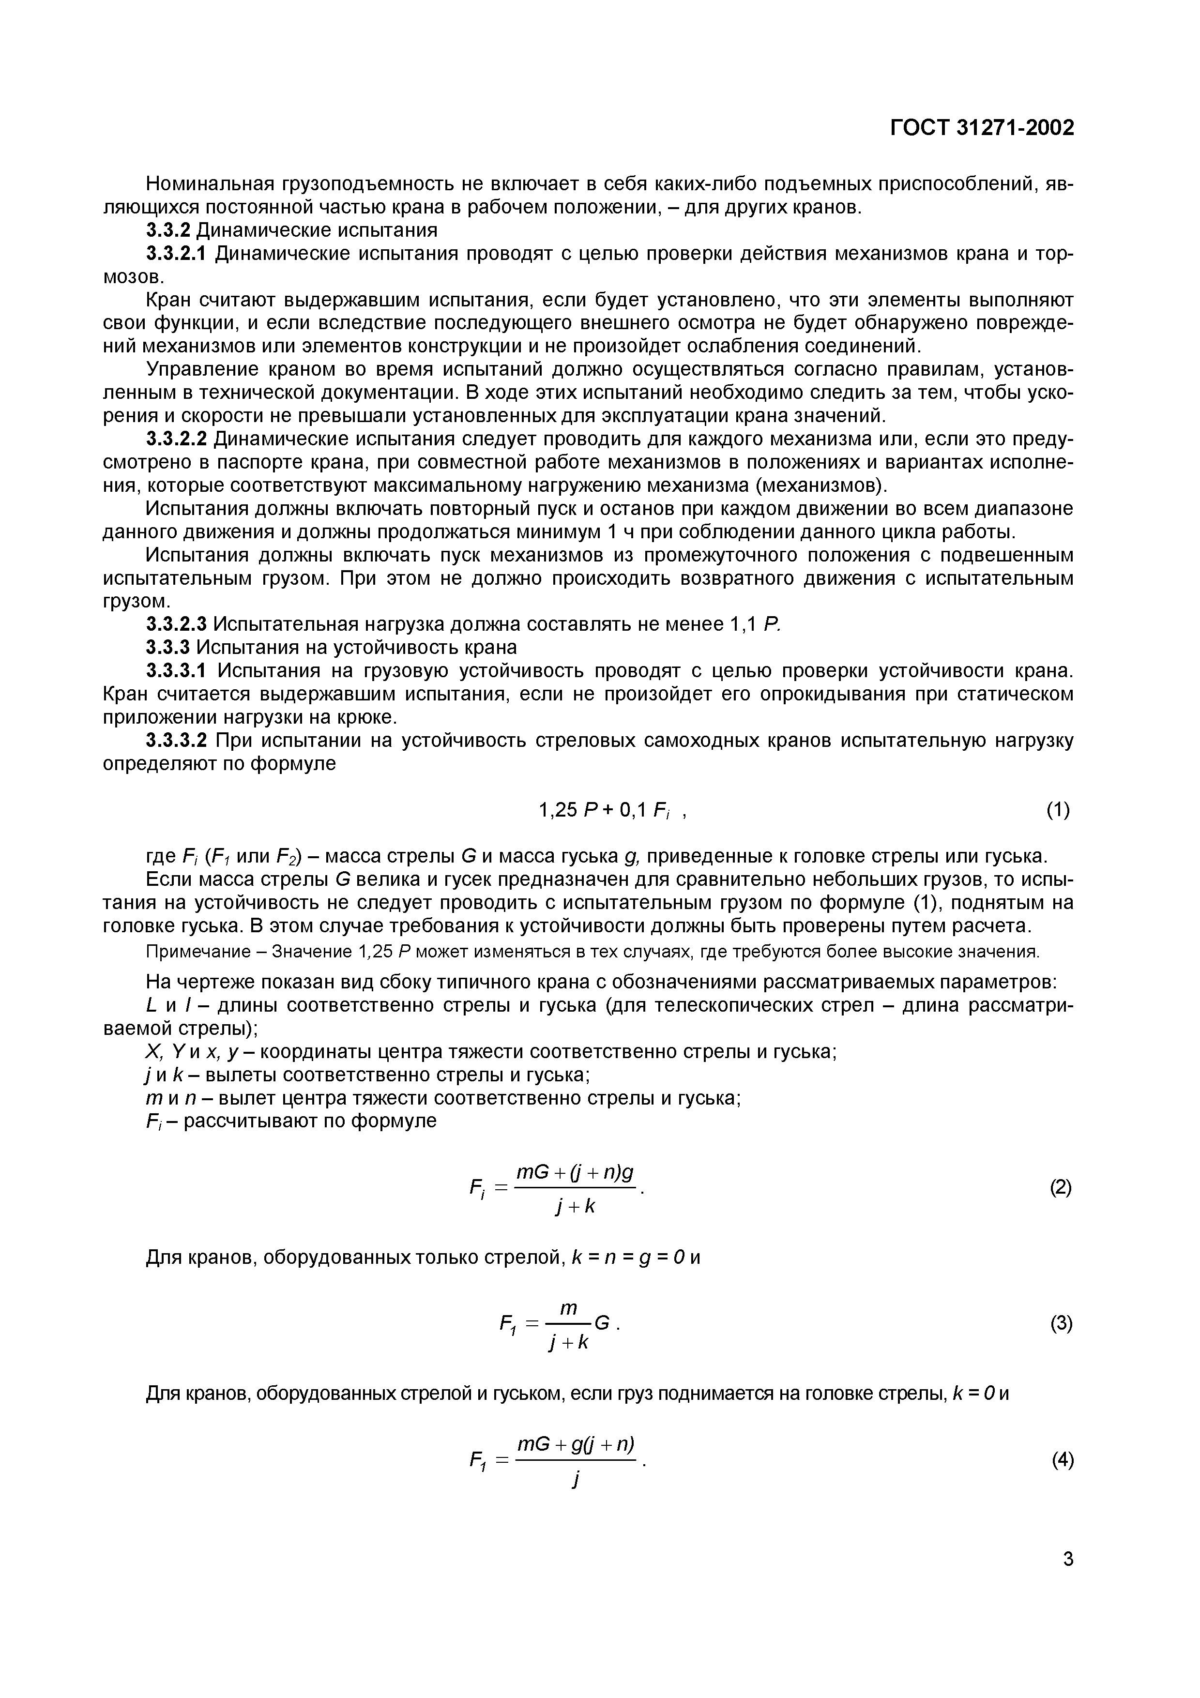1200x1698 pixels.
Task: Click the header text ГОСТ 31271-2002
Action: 981,128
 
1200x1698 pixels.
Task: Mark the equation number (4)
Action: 1062,1460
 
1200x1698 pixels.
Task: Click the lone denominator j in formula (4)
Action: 575,1479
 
